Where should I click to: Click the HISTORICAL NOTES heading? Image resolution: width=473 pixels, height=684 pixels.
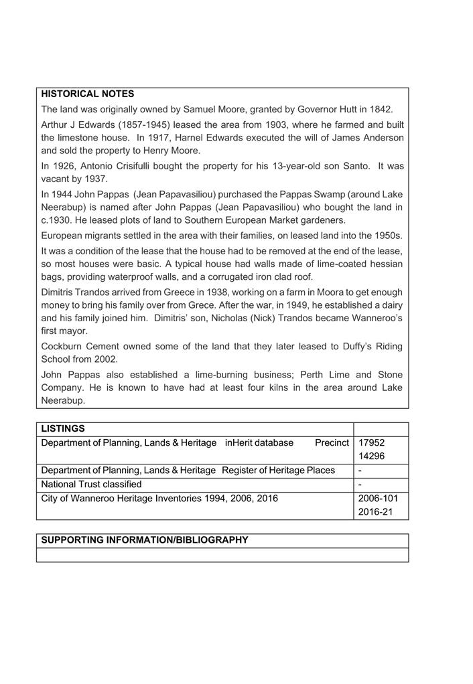tap(88, 94)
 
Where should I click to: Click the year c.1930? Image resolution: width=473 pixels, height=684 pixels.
tap(59, 220)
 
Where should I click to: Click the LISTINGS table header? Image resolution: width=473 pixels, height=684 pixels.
tap(63, 428)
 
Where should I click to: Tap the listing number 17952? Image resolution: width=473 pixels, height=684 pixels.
tap(372, 442)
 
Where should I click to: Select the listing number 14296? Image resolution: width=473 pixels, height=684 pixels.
tap(372, 456)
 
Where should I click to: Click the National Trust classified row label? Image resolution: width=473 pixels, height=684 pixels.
tap(91, 484)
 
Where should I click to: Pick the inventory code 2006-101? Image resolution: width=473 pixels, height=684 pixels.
tap(379, 499)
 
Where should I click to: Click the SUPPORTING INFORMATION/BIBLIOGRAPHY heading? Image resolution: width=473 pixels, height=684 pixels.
tap(145, 540)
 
